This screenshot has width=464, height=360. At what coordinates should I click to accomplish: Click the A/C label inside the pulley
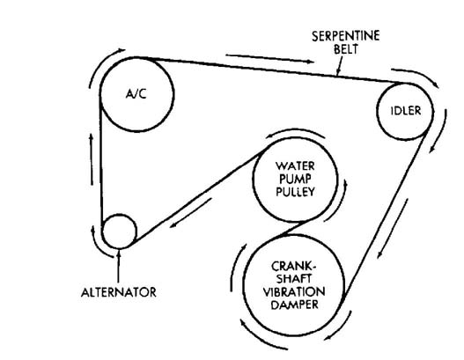click(x=136, y=94)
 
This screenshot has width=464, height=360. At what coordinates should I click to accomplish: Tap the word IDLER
click(x=406, y=111)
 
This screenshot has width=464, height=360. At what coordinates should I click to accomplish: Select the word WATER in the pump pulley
click(x=295, y=165)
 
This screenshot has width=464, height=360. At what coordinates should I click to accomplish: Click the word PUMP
click(x=295, y=179)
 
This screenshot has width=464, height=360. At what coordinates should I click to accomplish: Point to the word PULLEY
click(x=295, y=192)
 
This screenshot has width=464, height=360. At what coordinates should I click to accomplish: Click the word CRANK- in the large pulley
click(x=293, y=266)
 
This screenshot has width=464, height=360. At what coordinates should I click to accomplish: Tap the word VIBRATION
click(x=294, y=292)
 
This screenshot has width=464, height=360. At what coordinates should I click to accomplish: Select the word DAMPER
click(x=294, y=305)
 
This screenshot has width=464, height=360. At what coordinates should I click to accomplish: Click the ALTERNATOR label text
click(x=119, y=292)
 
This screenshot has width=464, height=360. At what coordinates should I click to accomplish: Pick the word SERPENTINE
click(x=346, y=36)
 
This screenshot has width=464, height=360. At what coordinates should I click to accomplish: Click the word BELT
click(x=346, y=48)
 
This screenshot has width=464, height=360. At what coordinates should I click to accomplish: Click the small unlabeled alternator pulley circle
click(x=119, y=231)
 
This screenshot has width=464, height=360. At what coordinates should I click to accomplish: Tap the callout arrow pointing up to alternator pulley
click(x=118, y=266)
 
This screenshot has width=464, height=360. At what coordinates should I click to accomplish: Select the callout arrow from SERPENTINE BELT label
click(x=340, y=66)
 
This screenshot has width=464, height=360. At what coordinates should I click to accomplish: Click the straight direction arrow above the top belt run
click(x=269, y=59)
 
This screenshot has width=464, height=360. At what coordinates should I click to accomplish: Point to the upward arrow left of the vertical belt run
click(x=92, y=159)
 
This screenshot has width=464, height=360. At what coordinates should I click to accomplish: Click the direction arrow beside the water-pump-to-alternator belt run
click(x=190, y=213)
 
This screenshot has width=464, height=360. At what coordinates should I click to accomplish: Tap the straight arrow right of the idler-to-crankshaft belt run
click(x=393, y=228)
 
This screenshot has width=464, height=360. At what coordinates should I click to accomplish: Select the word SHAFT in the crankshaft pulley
click(x=293, y=279)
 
